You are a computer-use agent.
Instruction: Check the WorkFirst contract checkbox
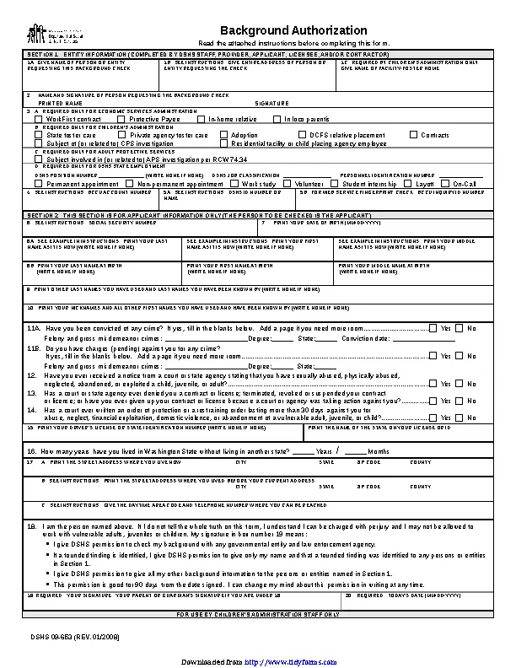[40, 119]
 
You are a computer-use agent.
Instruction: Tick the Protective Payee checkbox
[122, 119]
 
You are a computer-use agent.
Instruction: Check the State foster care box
[40, 135]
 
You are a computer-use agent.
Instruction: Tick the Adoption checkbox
[223, 135]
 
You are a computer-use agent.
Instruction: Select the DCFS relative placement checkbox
[302, 135]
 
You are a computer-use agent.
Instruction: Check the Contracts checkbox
[413, 135]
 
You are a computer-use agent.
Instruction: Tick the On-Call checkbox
[446, 183]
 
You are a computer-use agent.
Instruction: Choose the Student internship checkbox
[336, 183]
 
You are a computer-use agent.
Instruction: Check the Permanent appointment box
[40, 183]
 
